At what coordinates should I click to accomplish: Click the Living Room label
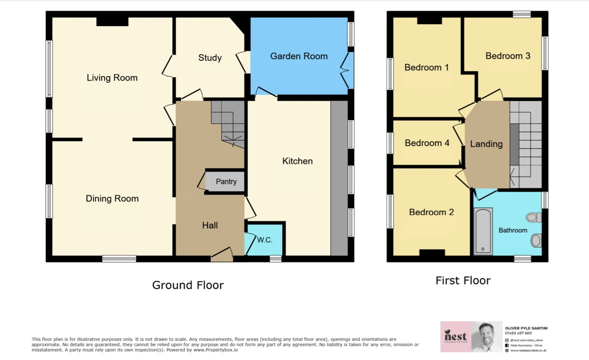tap(112, 77)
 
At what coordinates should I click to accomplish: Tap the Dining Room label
tap(112, 198)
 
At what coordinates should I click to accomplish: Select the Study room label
tap(209, 57)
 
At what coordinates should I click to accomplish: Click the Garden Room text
tap(298, 56)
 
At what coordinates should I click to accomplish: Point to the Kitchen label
tap(297, 161)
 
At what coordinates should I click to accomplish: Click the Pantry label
tap(226, 181)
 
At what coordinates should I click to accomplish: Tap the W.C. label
tap(264, 240)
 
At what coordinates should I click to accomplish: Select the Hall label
tap(209, 225)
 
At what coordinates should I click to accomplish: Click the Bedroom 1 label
tap(426, 67)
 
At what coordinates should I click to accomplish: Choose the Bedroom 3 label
tap(507, 55)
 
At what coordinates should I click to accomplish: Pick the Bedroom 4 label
tap(426, 143)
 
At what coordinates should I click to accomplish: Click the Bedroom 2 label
tap(431, 212)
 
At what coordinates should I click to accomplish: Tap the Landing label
tap(486, 144)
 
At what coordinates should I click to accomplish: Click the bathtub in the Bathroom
tap(483, 231)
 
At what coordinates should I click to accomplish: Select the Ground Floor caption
tap(187, 285)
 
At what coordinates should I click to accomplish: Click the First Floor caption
tap(462, 280)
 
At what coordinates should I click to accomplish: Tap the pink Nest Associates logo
tap(455, 336)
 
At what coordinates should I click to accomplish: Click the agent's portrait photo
tap(486, 336)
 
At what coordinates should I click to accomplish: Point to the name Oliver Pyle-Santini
tap(526, 328)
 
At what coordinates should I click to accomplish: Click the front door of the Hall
tap(221, 255)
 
